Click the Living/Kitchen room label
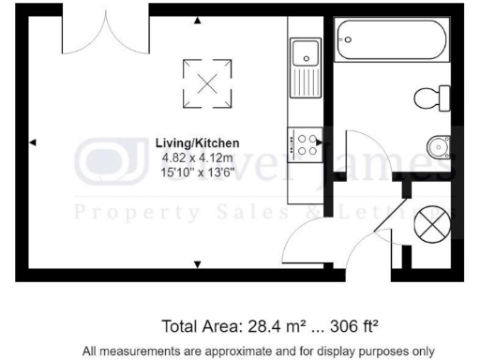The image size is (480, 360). [197, 142]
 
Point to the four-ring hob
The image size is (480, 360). [307, 142]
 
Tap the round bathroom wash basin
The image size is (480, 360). [438, 145]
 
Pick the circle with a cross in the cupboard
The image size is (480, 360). [429, 223]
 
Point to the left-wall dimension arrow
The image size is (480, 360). [33, 142]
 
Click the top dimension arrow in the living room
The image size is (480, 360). [197, 21]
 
